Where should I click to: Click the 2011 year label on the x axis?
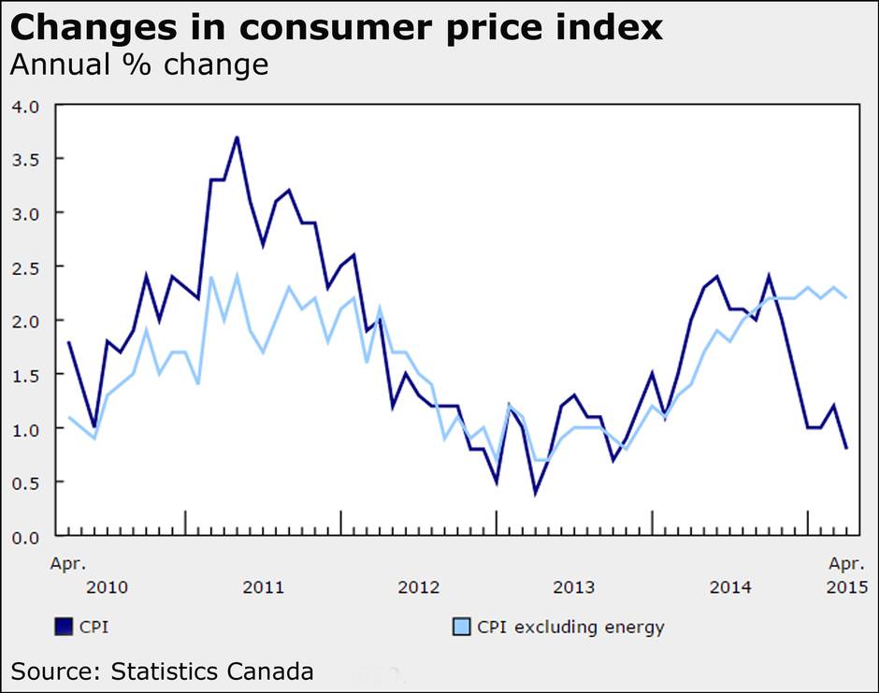coord(263,587)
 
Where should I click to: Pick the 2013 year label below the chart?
coord(573,587)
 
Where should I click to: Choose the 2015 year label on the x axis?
coord(847,587)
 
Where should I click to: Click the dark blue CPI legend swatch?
coord(64,626)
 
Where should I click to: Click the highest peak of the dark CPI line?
coord(237,137)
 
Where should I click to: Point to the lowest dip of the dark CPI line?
coord(535,493)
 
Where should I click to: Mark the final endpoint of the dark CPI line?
coord(846,449)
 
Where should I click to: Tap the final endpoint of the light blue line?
coord(846,297)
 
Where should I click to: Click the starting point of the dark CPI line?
coord(68,342)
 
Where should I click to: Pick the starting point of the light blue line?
coord(68,417)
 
